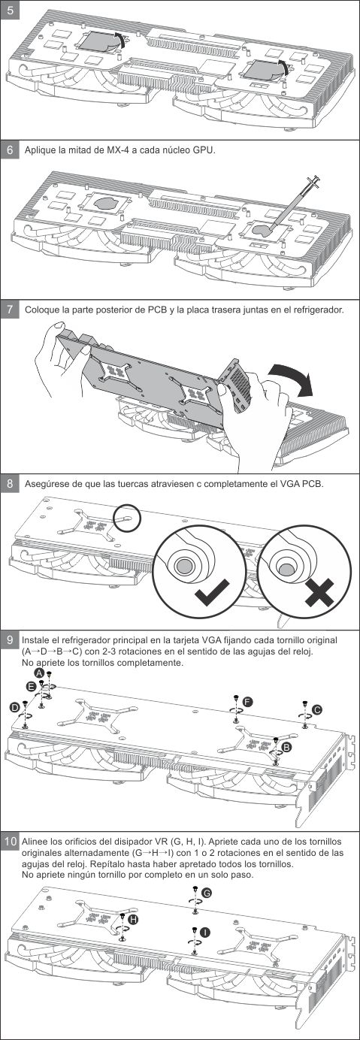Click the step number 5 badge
[10, 10]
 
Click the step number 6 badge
[10, 150]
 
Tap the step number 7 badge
[10, 309]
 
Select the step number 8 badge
[10, 483]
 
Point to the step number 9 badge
[10, 639]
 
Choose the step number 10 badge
[10, 842]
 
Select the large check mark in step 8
[212, 591]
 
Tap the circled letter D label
[15, 707]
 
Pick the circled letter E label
[31, 686]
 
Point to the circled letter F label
[248, 702]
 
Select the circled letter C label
[317, 709]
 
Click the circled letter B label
[286, 746]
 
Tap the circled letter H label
[133, 919]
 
